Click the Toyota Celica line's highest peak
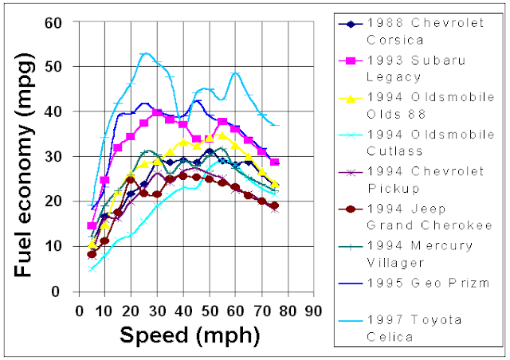(145, 53)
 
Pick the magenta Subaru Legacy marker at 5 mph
(92, 225)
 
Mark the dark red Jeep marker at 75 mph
(274, 205)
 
